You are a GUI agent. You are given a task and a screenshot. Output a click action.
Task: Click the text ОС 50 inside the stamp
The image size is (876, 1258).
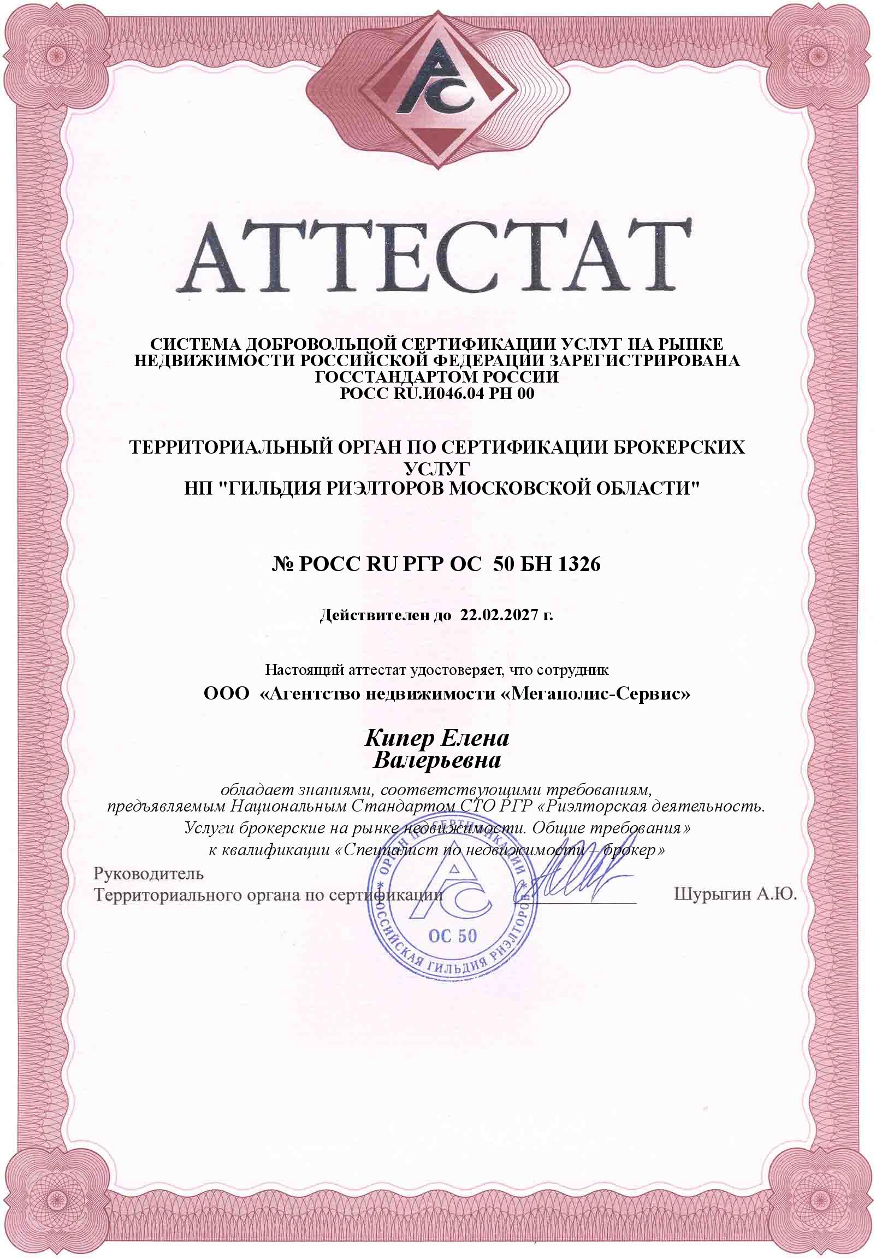click(453, 935)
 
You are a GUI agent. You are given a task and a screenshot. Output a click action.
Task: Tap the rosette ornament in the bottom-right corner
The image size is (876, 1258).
click(820, 1203)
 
